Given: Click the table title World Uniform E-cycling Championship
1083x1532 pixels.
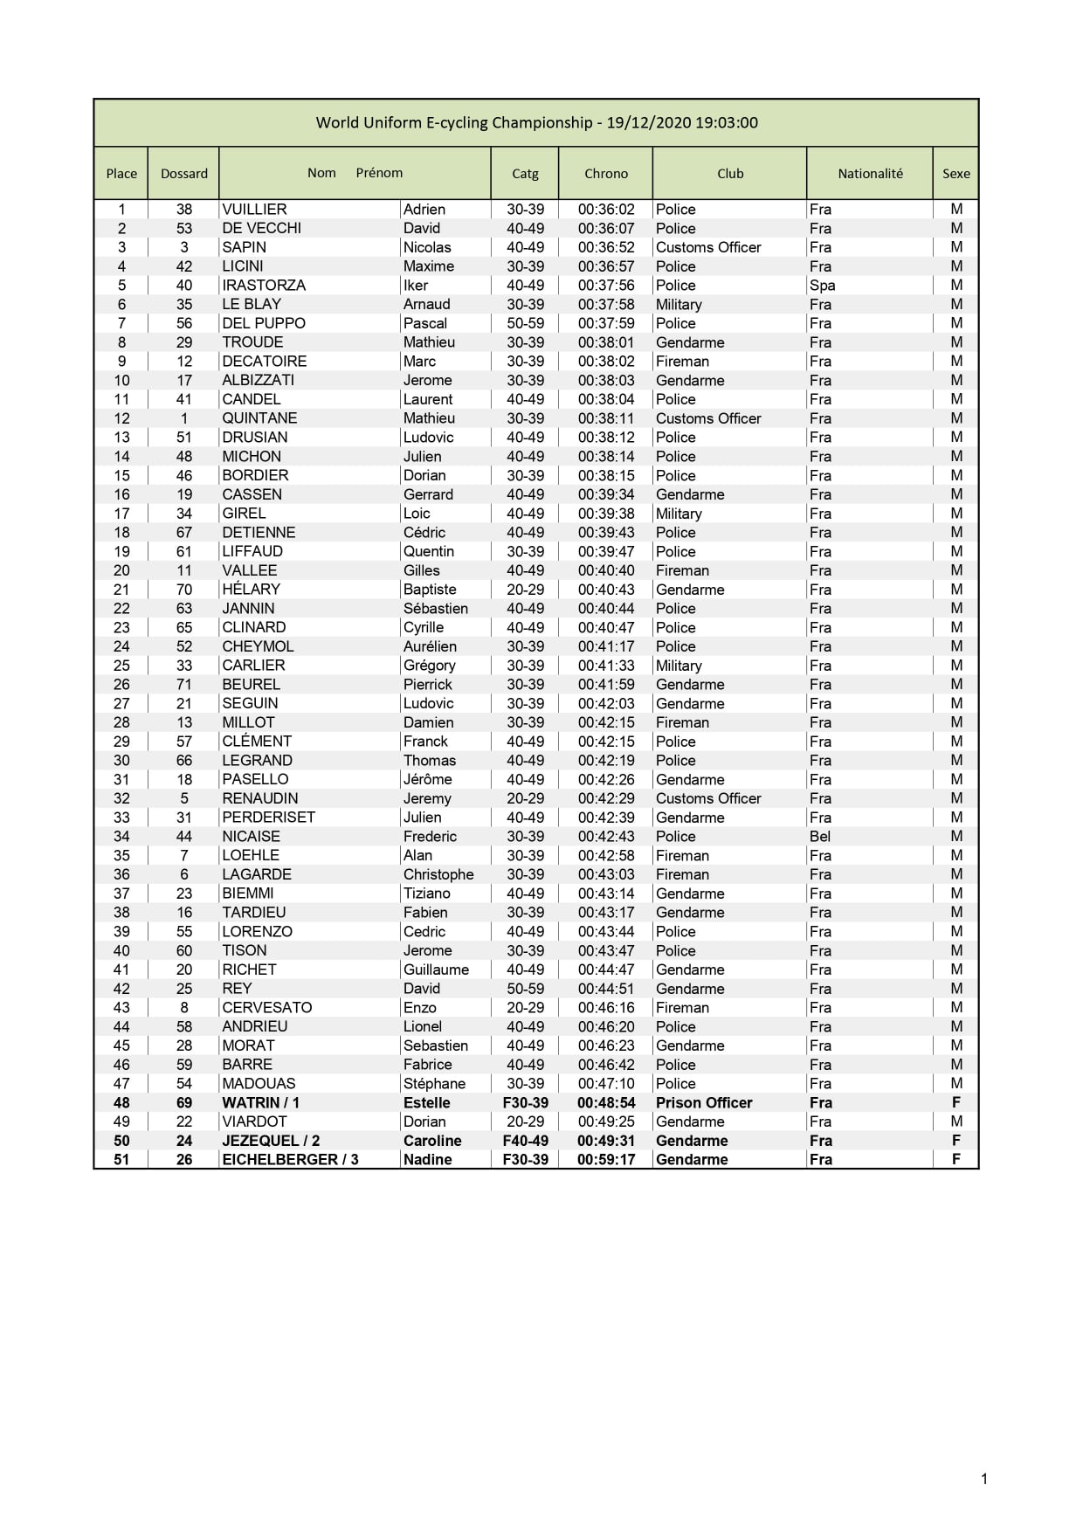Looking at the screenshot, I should coord(536,122).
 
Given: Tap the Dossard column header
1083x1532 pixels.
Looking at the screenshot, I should coord(184,173).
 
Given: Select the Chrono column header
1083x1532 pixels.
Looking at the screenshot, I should coord(606,173).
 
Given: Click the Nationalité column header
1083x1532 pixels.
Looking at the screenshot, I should coord(870,173).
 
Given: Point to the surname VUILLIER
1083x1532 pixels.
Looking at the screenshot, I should coord(254,210).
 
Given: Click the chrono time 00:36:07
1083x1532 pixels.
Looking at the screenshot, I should coord(606,228).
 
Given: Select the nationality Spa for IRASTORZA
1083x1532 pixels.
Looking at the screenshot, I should coord(822,286).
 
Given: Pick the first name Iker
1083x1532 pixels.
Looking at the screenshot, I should coord(416,286).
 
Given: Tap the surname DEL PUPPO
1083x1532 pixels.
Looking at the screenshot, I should coord(264,323).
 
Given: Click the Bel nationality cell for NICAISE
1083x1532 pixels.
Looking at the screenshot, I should coord(820,837).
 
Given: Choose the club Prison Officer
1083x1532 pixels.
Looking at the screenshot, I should coord(704,1103).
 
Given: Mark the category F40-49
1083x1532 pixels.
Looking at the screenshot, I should coord(525,1141).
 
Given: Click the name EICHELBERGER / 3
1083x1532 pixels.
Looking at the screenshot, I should coord(290,1160).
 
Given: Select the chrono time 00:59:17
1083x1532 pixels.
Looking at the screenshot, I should coord(606,1160).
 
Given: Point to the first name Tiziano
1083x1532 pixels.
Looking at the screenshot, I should coord(427,894).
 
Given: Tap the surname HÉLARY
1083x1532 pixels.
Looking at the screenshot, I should coord(251,590).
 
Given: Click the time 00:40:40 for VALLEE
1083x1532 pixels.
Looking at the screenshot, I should coord(606,570).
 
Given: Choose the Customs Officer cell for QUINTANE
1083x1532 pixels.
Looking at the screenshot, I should coord(708,418).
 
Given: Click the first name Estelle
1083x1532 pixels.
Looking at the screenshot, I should coord(427,1103).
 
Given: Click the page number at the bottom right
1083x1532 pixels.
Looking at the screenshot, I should coord(984,1479).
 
